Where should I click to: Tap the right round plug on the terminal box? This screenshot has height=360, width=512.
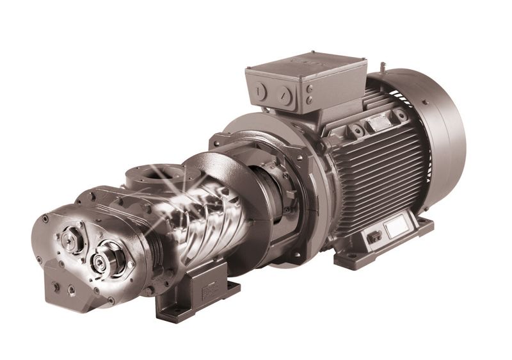(x=286, y=97)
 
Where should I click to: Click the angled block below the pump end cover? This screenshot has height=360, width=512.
(x=64, y=288)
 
